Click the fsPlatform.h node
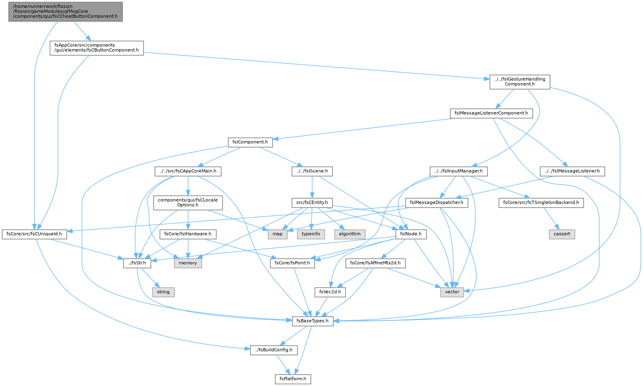[x=293, y=379]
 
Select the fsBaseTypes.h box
[x=312, y=321]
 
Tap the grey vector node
[x=452, y=292]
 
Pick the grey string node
[x=163, y=292]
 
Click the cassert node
[x=562, y=234]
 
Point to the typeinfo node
[x=311, y=234]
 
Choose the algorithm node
[x=350, y=234]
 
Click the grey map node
[x=277, y=234]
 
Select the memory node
[x=188, y=263]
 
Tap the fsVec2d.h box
[x=330, y=292]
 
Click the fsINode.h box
[x=411, y=234]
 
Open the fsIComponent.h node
[x=250, y=142]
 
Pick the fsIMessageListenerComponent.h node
[x=491, y=113]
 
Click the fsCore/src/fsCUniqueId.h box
[x=34, y=234]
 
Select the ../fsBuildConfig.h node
[x=274, y=350]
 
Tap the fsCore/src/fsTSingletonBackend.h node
[x=541, y=203]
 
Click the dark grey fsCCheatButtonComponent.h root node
[x=66, y=11]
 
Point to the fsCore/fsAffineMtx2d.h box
[x=376, y=263]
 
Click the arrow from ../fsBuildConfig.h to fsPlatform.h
[x=283, y=364]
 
